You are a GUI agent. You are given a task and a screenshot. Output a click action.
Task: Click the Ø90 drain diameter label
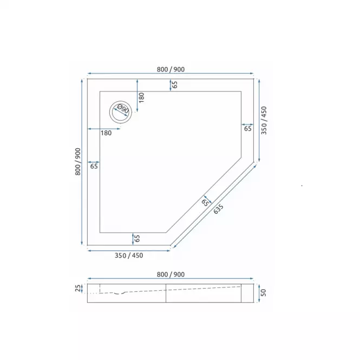point(123,109)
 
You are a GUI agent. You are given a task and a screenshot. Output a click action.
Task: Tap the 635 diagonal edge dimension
point(218,209)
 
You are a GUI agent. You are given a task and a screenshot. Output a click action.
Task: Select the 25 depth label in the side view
point(78,288)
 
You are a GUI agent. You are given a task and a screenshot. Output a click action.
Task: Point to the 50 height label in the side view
point(264,292)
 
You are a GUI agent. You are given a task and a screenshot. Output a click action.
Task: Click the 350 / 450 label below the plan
point(129,256)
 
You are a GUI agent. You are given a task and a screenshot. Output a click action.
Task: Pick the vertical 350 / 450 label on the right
point(264,120)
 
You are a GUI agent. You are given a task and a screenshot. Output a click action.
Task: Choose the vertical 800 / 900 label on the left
point(78,162)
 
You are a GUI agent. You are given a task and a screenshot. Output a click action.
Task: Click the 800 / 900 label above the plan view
point(171,69)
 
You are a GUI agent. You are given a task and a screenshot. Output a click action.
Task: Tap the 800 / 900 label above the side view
point(171,274)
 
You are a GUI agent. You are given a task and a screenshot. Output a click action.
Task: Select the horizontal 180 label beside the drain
point(106,133)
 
